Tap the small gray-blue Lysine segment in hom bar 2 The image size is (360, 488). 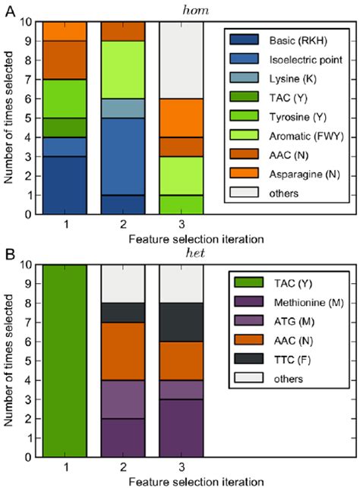[x=124, y=108]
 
